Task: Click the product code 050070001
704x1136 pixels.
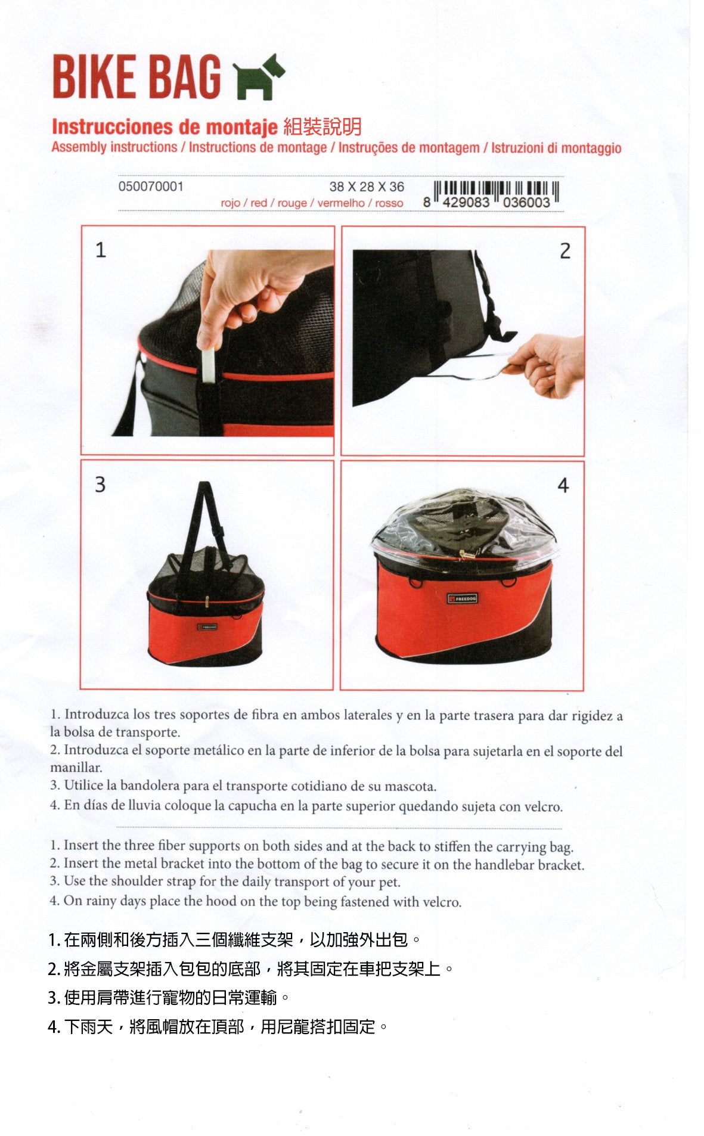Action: pos(151,187)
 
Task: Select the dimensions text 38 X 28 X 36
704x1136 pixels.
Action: pos(367,187)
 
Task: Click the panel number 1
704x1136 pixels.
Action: pos(101,250)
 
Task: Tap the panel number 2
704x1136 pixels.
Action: pos(565,250)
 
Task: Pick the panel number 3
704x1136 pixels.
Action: pos(100,484)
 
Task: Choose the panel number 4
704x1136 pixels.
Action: pos(563,485)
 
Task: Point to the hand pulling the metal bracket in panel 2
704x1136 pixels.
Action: pos(545,365)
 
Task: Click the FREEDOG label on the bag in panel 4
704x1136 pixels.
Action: pos(463,598)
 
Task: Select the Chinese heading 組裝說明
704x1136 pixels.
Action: pos(322,126)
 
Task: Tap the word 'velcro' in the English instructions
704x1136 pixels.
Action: pos(442,902)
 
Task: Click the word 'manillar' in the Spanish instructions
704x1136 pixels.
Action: pos(76,768)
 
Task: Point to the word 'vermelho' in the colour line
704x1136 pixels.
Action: pos(341,203)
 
